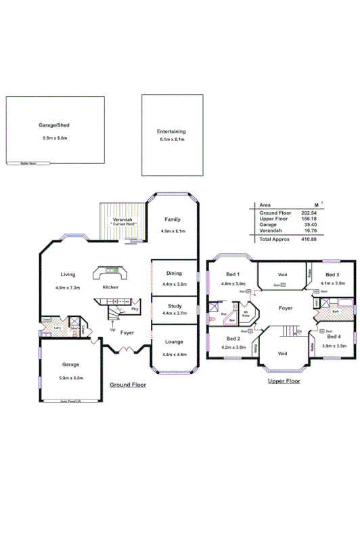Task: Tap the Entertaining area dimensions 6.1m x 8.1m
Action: (x=171, y=139)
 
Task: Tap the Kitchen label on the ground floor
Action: (x=110, y=287)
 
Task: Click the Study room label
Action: (x=174, y=306)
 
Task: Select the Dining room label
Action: (x=174, y=273)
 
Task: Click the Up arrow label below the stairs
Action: (x=112, y=329)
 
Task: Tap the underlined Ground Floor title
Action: (x=129, y=385)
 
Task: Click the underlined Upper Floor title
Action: (x=284, y=381)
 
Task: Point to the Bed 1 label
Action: (x=233, y=274)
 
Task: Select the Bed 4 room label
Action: (x=334, y=337)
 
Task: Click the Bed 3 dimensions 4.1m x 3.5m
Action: (x=333, y=284)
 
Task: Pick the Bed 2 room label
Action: (x=233, y=339)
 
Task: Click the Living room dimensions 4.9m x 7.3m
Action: (x=68, y=287)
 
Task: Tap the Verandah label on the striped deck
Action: (x=123, y=218)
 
